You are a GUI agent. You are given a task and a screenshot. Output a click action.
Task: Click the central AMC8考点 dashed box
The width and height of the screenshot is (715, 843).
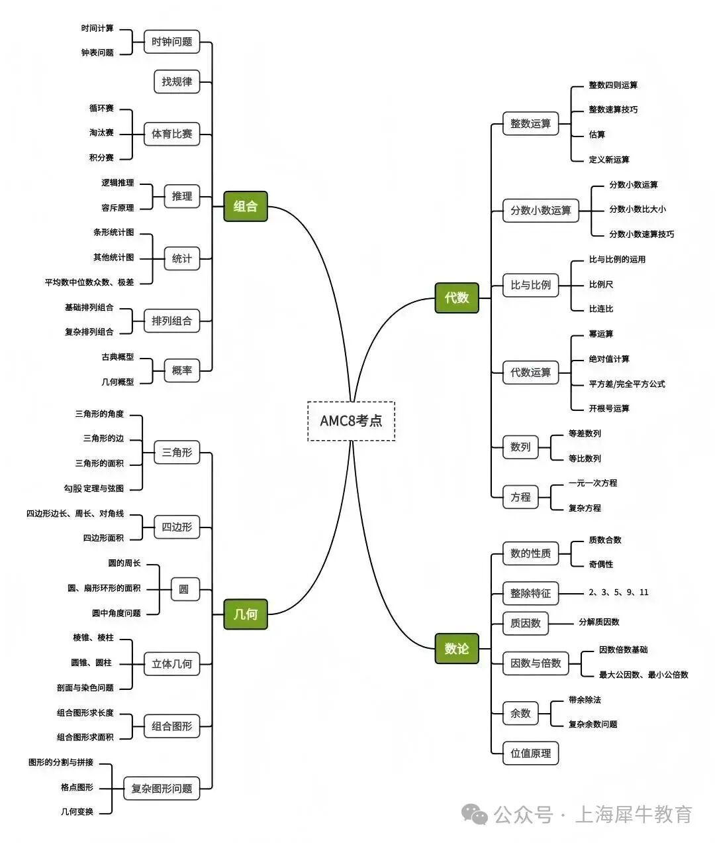[351, 421]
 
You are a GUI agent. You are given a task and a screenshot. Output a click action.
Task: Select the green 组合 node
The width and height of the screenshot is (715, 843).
[246, 206]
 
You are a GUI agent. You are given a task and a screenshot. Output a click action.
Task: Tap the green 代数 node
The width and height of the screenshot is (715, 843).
[456, 298]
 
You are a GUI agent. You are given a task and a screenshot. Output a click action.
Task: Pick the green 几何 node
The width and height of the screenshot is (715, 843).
[246, 614]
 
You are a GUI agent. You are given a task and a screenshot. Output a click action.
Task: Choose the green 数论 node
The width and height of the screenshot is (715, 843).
[456, 649]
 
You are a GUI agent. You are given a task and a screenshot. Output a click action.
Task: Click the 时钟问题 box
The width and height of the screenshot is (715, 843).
[171, 42]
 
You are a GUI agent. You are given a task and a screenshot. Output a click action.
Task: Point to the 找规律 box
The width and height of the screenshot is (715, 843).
[177, 82]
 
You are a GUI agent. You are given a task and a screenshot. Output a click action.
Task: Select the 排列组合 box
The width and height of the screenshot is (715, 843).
[171, 321]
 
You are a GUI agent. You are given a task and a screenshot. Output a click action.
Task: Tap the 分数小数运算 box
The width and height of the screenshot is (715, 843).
[540, 211]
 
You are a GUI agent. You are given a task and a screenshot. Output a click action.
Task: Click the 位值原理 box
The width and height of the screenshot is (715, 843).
[530, 754]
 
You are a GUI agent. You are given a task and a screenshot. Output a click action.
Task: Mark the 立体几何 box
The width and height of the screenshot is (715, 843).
[171, 664]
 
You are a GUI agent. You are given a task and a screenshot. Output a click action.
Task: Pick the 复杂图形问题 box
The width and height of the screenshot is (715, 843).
[162, 789]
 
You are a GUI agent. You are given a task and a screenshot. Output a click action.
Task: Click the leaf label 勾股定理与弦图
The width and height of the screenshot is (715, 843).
[94, 488]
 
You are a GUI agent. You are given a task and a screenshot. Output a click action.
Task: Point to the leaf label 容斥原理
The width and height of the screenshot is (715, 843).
[118, 208]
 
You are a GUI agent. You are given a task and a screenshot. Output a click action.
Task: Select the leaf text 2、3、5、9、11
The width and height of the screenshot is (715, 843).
[618, 592]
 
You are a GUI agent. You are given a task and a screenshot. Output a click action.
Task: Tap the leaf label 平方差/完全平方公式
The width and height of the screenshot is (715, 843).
[627, 384]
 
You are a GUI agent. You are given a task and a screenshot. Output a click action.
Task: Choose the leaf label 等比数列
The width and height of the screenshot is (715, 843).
[585, 459]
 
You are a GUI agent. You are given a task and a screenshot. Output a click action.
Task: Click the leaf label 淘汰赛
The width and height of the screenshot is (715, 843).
[101, 133]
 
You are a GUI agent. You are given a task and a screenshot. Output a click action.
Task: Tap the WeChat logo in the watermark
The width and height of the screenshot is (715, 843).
[475, 814]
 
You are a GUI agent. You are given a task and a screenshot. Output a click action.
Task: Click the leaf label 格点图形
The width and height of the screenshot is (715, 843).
[77, 787]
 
